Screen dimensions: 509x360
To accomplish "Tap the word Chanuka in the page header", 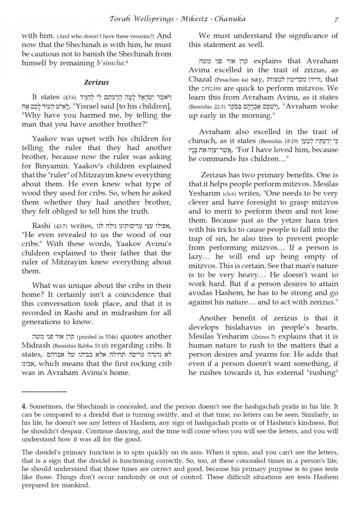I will [x=230, y=19].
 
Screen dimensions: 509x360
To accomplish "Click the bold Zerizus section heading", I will [x=96, y=82].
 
